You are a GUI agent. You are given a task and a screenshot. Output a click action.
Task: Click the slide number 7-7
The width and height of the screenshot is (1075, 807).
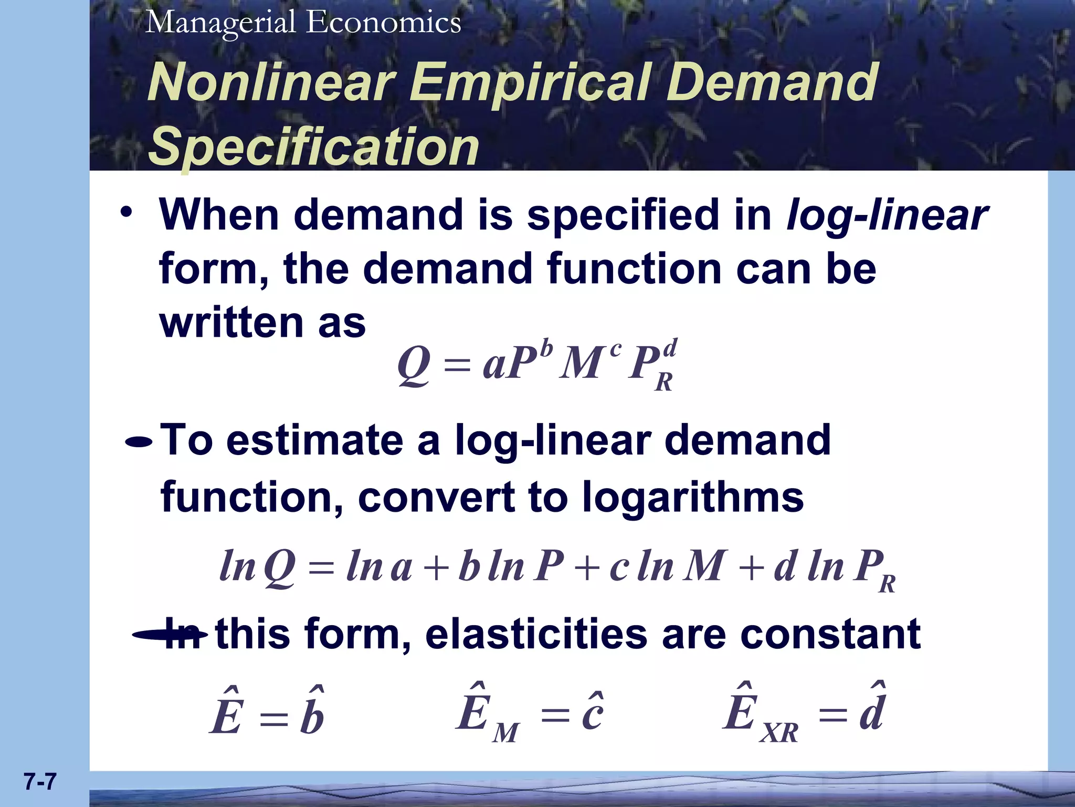[x=40, y=782]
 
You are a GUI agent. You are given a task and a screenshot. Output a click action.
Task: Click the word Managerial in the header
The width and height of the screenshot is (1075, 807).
[x=220, y=23]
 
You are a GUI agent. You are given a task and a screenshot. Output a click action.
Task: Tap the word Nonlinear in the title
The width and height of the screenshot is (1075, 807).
[x=271, y=82]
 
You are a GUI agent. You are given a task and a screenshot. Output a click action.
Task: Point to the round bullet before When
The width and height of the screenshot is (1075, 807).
[x=126, y=213]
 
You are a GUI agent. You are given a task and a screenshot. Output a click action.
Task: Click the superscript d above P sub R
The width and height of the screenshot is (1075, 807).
[x=670, y=348]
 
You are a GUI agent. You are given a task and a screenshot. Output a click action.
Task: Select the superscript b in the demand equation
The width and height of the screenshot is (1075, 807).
[x=547, y=348]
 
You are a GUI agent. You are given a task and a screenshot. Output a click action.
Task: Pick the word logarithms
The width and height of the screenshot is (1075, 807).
[x=692, y=497]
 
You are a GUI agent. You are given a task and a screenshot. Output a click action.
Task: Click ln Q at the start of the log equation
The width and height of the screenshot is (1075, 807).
[x=257, y=567]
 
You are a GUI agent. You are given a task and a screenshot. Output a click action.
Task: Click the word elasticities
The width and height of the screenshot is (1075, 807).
[x=536, y=634]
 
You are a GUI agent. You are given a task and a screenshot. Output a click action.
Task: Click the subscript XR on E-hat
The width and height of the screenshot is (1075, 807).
[x=779, y=732]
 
